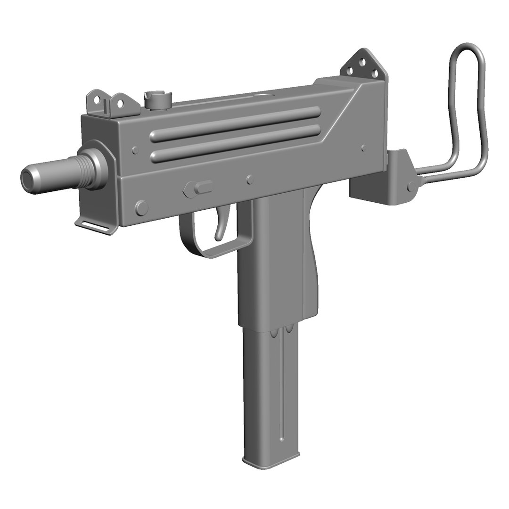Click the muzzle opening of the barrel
click(x=27, y=178)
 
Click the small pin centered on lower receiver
click(x=250, y=179)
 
